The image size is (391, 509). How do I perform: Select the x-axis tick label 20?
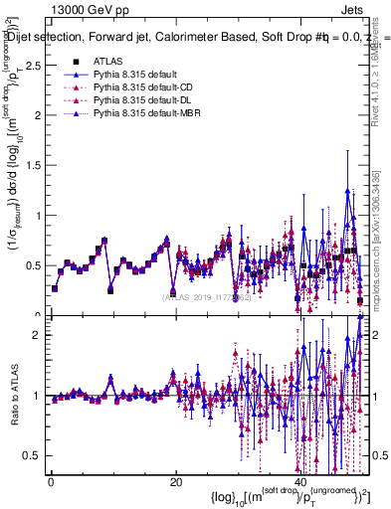click(x=175, y=482)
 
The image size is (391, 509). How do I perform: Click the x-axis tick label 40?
click(x=299, y=482)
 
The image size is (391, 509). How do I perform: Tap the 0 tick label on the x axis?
click(x=51, y=482)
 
